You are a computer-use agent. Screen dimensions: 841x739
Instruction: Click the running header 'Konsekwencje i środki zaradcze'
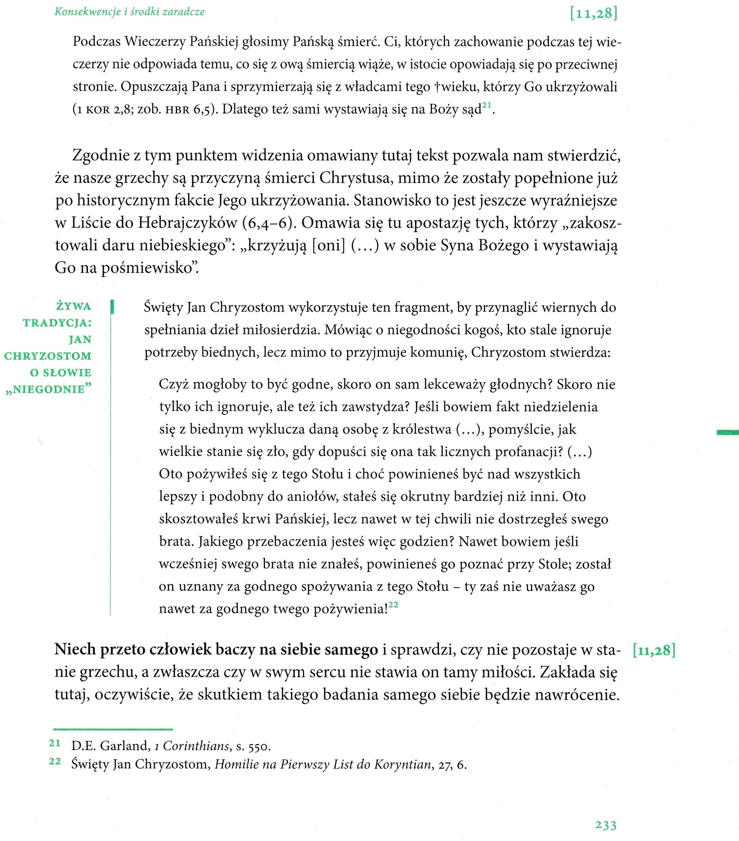click(x=130, y=11)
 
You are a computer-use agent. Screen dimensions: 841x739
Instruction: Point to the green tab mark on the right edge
click(x=727, y=432)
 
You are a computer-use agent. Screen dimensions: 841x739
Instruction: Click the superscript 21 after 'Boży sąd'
click(x=487, y=105)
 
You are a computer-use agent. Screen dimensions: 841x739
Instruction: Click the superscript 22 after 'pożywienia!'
click(x=393, y=604)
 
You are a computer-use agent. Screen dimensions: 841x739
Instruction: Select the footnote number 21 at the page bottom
click(x=55, y=743)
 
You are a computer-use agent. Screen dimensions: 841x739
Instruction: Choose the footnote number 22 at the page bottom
click(x=55, y=761)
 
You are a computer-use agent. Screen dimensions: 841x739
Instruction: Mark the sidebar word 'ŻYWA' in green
click(x=74, y=306)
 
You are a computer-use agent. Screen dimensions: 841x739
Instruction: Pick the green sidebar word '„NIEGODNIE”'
click(x=48, y=389)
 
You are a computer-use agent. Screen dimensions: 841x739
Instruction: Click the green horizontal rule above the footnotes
click(x=113, y=729)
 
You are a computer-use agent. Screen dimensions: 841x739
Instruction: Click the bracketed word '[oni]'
click(x=328, y=245)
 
